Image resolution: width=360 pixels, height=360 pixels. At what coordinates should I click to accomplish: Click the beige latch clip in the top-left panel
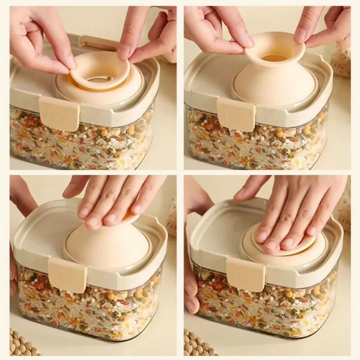[59, 113]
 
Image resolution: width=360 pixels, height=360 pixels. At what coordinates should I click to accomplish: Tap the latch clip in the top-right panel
[236, 114]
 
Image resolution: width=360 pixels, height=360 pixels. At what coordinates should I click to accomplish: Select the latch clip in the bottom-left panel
[68, 275]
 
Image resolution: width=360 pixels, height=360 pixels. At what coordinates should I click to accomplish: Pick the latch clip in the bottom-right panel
[246, 274]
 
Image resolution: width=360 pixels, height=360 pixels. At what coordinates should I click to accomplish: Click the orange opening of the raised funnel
[274, 57]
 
